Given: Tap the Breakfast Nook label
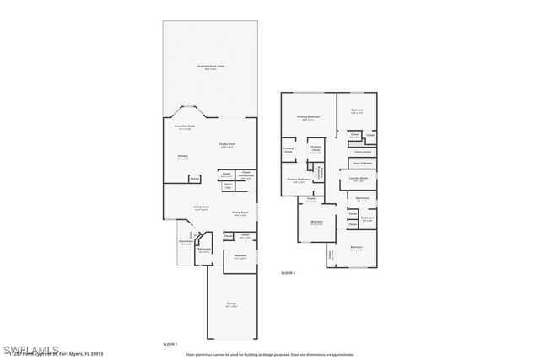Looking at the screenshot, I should [x=185, y=127].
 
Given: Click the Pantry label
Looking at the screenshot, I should [x=194, y=179].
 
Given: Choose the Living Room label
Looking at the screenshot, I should [x=201, y=207].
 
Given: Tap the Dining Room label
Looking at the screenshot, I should [x=240, y=213].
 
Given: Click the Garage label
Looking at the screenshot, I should [x=230, y=305].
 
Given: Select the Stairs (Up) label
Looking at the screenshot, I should [x=228, y=185].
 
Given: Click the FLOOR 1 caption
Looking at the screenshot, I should [x=171, y=344].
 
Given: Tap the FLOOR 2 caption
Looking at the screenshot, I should [x=289, y=273].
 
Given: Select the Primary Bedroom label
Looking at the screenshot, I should [x=308, y=118].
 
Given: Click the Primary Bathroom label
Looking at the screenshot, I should [x=299, y=180].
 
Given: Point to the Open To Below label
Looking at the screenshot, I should [x=363, y=163].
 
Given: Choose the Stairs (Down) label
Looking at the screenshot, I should [x=361, y=152].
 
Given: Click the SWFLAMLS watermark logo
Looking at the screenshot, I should [x=30, y=348].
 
